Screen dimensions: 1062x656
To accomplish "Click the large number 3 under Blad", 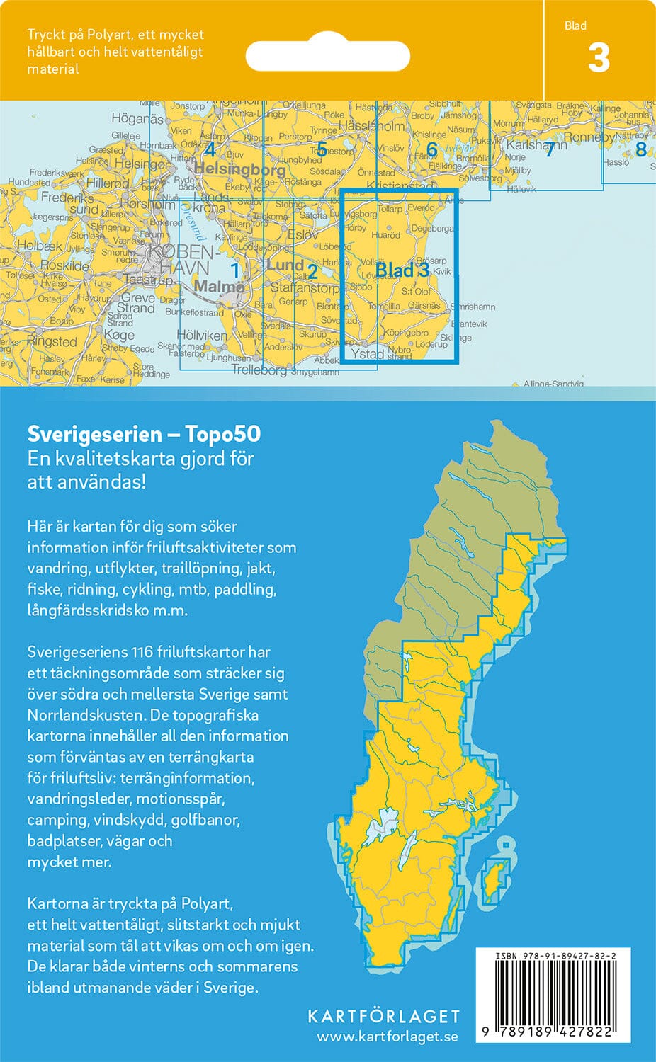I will coord(599,58).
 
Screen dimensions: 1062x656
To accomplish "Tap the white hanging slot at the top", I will coord(327,55).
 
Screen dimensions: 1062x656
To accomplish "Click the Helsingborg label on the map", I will coord(239,169).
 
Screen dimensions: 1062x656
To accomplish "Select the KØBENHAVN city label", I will coord(178,260).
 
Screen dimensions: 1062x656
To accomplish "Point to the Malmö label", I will coord(219,287).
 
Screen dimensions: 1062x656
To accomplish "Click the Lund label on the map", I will coord(285,265).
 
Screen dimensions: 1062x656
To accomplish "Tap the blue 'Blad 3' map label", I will coord(402,270).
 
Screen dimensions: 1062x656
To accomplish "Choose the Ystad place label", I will coord(368,354).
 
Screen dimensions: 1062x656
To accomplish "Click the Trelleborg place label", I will coord(259,370).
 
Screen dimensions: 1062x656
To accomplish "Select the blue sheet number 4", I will coord(209,149).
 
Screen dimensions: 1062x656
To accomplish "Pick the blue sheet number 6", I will coord(431,150).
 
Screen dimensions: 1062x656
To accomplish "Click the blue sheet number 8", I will coord(640,149).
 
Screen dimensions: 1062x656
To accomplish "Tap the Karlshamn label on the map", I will coord(536,145).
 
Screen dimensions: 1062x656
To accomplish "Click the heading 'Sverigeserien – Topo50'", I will coord(144,433).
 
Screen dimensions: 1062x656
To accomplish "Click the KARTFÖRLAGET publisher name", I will coord(383,1016).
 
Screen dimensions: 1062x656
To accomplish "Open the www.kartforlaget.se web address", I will coord(387,1037).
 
